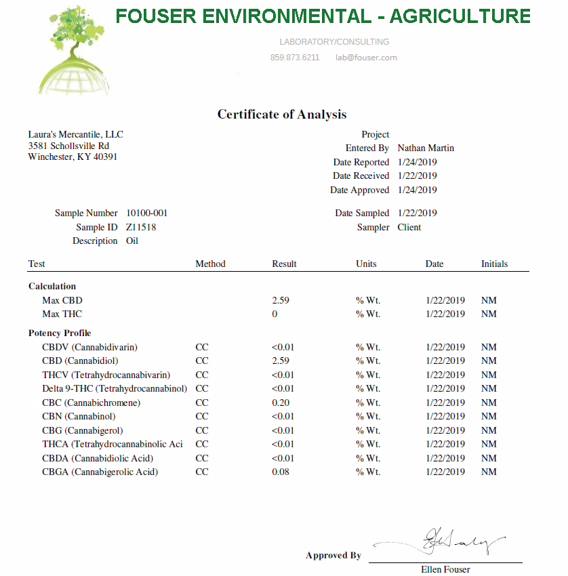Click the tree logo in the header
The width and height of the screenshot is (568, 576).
click(71, 51)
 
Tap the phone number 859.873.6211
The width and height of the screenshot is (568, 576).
click(294, 58)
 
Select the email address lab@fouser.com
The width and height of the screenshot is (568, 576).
click(366, 58)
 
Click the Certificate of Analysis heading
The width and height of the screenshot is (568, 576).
click(282, 115)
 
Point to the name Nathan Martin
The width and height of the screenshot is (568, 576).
click(426, 148)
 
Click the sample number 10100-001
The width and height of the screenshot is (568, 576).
click(147, 213)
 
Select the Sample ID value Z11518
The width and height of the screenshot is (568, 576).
click(141, 227)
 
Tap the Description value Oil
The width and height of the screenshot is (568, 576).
click(132, 241)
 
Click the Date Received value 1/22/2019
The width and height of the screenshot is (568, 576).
click(418, 176)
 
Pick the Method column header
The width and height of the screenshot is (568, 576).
click(210, 264)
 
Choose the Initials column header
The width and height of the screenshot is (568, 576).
click(494, 264)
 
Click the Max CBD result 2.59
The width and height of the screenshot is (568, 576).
click(281, 300)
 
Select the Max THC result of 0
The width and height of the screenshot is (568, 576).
click(275, 314)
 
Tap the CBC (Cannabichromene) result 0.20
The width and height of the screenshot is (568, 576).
click(281, 403)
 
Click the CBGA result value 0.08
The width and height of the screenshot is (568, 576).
click(281, 472)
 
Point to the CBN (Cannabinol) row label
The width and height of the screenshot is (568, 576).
click(79, 416)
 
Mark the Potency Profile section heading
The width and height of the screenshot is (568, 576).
click(60, 333)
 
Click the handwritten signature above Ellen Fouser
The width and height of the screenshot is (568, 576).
click(447, 542)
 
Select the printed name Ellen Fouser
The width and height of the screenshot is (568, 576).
click(445, 569)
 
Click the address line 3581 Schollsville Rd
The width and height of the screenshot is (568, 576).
click(68, 146)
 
